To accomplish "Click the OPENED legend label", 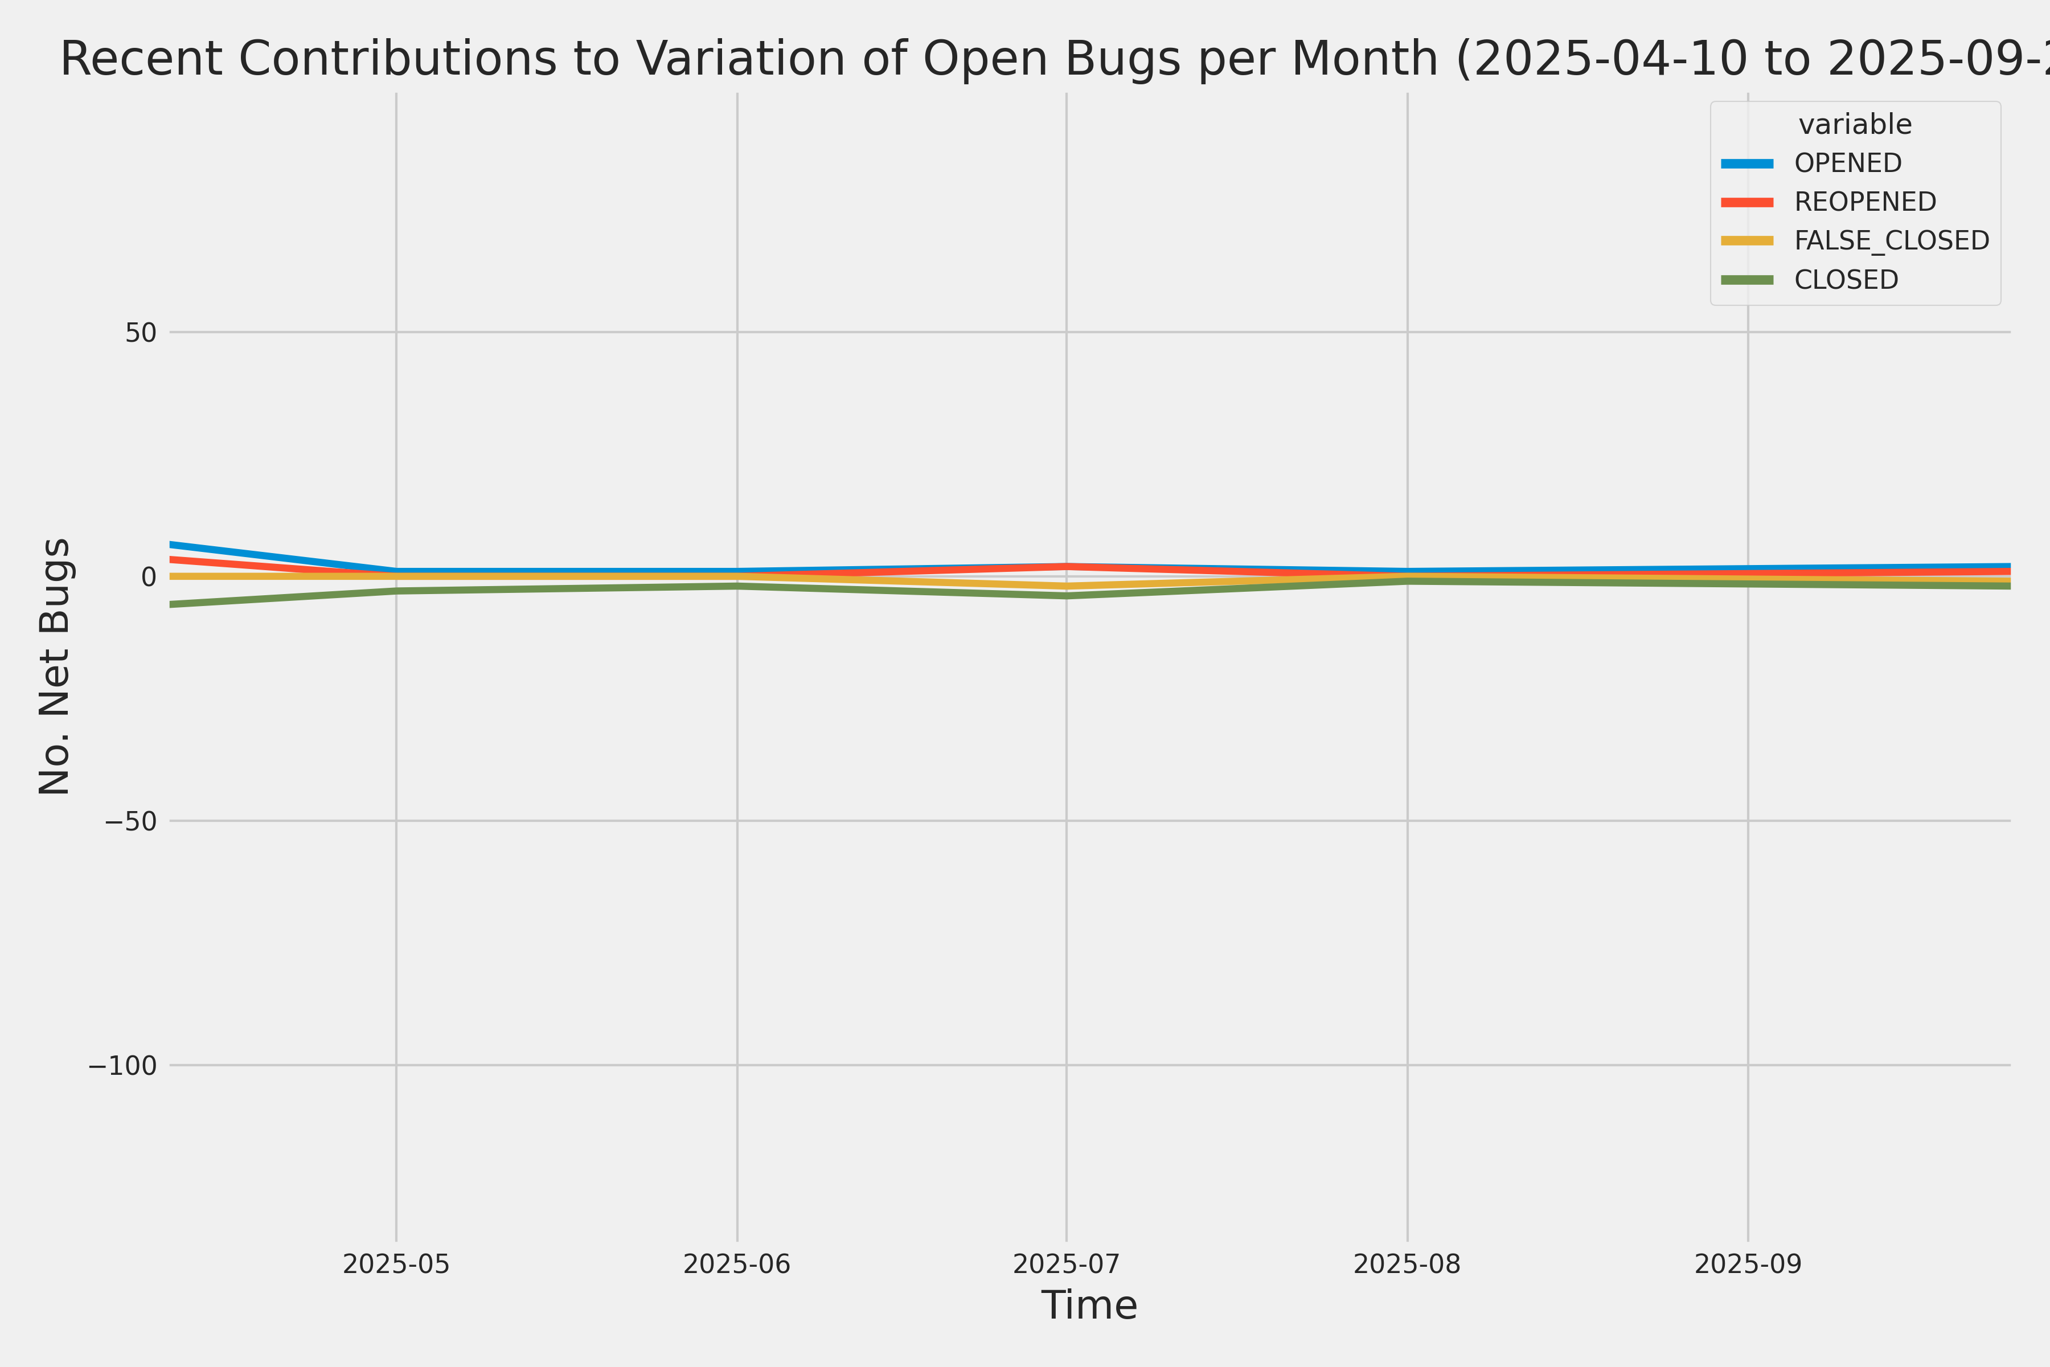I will click(1848, 163).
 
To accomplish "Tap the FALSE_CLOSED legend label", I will click(1891, 240).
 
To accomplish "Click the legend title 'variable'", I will click(1855, 125).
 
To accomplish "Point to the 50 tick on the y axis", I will click(140, 332).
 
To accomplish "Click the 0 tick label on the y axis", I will click(148, 576).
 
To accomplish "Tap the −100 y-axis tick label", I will click(122, 1065).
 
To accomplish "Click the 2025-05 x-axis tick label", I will click(396, 1264).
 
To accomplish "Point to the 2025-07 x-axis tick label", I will click(1066, 1264).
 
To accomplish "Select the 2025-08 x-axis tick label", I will click(1407, 1264).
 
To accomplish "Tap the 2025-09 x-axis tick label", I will click(1748, 1264).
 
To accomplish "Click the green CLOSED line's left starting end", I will click(172, 604).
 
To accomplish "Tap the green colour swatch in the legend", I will click(1746, 280).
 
